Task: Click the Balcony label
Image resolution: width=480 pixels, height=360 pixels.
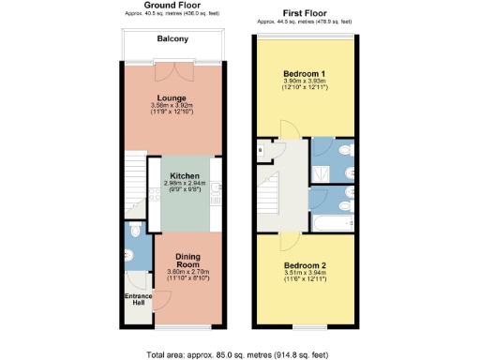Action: [172, 39]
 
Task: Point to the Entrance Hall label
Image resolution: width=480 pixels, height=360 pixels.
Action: [139, 301]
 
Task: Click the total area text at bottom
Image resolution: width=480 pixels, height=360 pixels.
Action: [240, 354]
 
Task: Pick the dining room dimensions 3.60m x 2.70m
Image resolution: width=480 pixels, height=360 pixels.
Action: [188, 276]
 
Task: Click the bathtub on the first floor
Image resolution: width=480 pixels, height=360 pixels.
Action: [331, 225]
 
